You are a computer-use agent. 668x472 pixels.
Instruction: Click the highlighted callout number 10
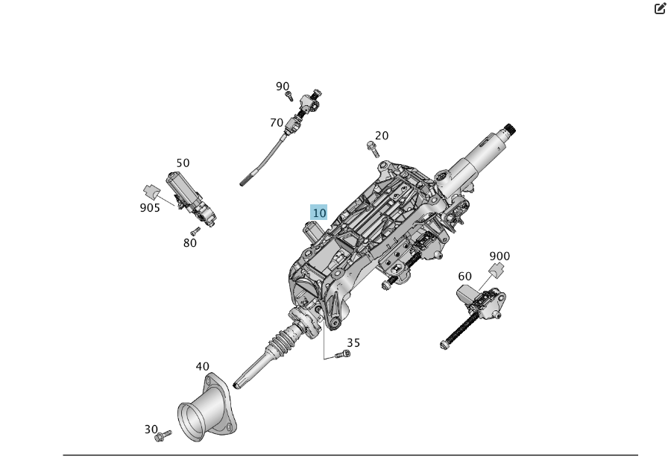[x=318, y=213]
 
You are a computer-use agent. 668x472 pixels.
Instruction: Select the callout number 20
[x=382, y=136]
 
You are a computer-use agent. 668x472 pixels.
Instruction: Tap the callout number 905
[x=150, y=208]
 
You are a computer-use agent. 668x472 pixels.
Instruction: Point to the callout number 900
[x=500, y=256]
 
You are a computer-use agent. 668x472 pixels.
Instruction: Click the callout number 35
[x=353, y=343]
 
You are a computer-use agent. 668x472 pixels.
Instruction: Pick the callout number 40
[x=203, y=366]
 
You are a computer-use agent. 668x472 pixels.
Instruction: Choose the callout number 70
[x=277, y=123]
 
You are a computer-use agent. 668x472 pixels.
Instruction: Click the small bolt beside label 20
[x=373, y=149]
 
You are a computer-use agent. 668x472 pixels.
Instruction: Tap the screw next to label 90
[x=289, y=96]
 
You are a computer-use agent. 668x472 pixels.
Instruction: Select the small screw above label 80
[x=195, y=231]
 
